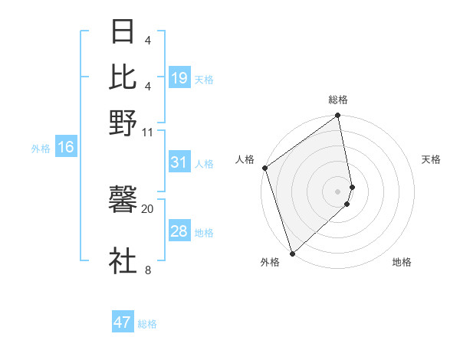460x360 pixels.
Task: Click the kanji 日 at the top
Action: pyautogui.click(x=123, y=33)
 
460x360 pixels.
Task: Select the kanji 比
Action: pyautogui.click(x=123, y=77)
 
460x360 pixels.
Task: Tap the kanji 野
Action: pyautogui.click(x=123, y=123)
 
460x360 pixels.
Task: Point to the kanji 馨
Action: pyautogui.click(x=123, y=200)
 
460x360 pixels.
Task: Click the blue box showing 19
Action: pyautogui.click(x=179, y=78)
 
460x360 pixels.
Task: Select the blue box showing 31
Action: pyautogui.click(x=179, y=162)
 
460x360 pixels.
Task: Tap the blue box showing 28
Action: pyautogui.click(x=179, y=231)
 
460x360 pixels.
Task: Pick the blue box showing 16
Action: pyautogui.click(x=66, y=148)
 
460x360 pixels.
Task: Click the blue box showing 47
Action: pyautogui.click(x=123, y=322)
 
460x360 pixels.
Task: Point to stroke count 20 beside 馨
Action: pyautogui.click(x=148, y=208)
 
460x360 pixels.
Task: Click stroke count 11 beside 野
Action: pyautogui.click(x=148, y=132)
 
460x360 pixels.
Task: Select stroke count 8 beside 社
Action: pyautogui.click(x=148, y=270)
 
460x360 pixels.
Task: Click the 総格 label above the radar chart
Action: pyautogui.click(x=338, y=100)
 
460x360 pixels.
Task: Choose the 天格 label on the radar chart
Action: pyautogui.click(x=431, y=159)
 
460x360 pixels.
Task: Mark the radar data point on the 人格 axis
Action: pyautogui.click(x=264, y=168)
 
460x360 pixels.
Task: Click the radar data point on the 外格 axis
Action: pyautogui.click(x=292, y=253)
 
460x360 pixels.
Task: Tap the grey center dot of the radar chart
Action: pyautogui.click(x=338, y=191)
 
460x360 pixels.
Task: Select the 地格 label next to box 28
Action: pyautogui.click(x=204, y=232)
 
